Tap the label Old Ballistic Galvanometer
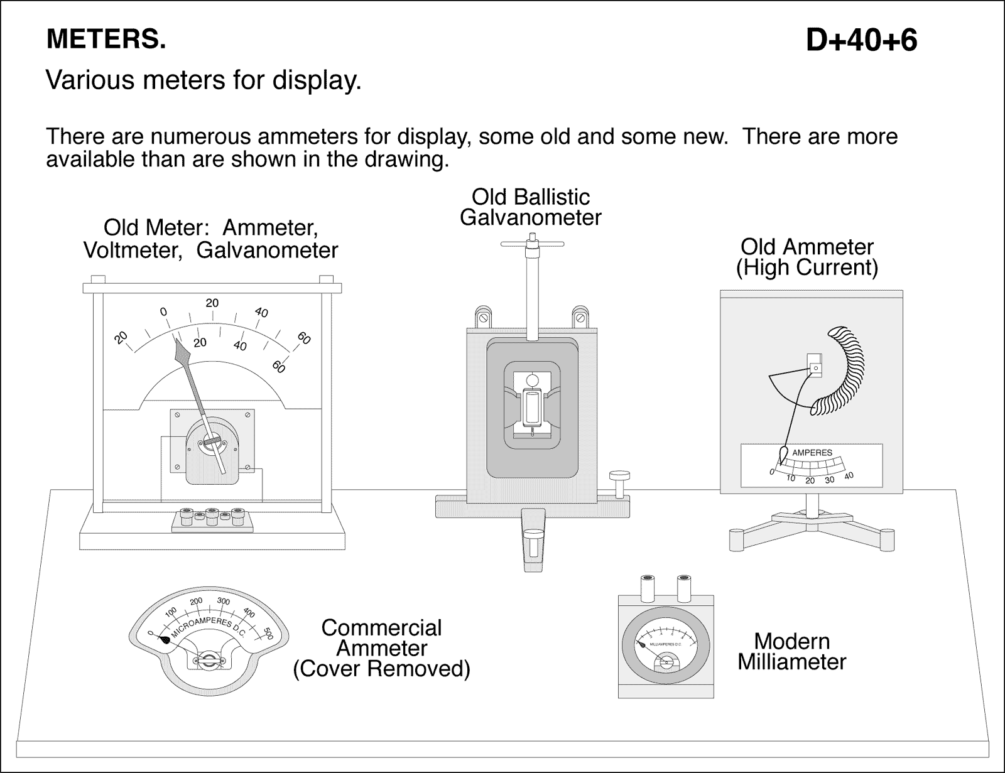pyautogui.click(x=531, y=207)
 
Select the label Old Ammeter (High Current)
pyautogui.click(x=807, y=257)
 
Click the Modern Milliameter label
pyautogui.click(x=791, y=651)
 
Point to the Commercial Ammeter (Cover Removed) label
pyautogui.click(x=381, y=648)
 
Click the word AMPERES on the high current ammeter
pyautogui.click(x=812, y=452)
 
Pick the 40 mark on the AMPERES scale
pyautogui.click(x=849, y=476)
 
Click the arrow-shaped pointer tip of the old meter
pyautogui.click(x=182, y=352)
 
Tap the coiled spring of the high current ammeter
pyautogui.click(x=842, y=370)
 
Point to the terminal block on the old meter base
pyautogui.click(x=212, y=520)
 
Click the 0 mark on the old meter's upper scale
pyautogui.click(x=163, y=311)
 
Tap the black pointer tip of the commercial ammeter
pyautogui.click(x=164, y=640)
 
